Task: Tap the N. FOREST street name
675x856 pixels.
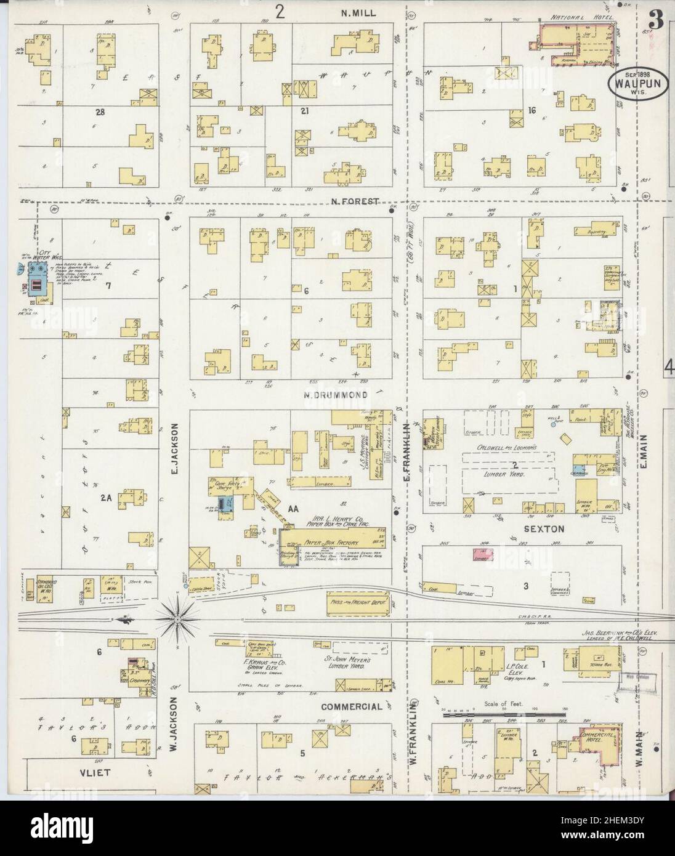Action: point(354,201)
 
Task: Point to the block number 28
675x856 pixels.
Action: point(97,112)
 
